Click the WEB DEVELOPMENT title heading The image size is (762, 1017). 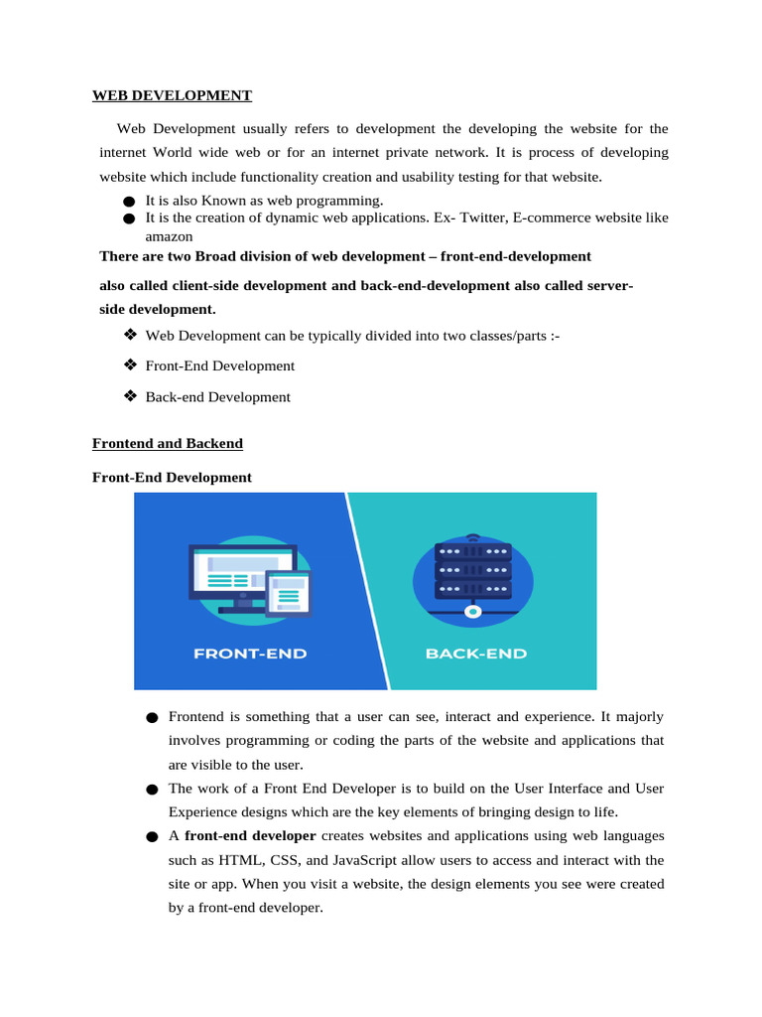(172, 95)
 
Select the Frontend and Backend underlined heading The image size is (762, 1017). (168, 443)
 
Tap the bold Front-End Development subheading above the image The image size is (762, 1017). (172, 477)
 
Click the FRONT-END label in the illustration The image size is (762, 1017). (250, 654)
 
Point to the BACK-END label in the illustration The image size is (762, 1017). (476, 654)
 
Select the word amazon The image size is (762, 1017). (169, 236)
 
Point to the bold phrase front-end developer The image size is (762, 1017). (250, 836)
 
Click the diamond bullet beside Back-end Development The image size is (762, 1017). (129, 396)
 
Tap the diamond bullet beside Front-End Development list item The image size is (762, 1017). (129, 365)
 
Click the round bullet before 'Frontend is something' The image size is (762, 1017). (151, 718)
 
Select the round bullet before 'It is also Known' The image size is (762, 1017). (129, 203)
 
